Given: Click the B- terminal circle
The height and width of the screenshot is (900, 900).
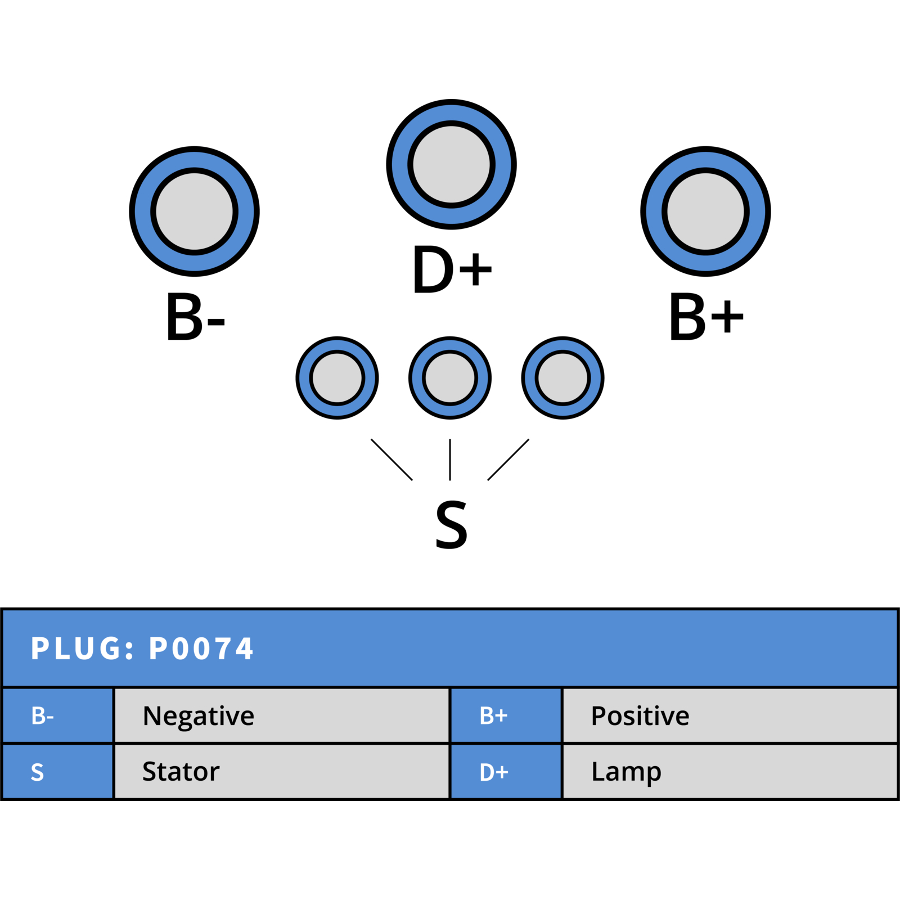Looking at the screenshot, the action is (x=194, y=211).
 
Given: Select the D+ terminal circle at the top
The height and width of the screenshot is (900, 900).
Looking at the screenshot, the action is (x=451, y=164).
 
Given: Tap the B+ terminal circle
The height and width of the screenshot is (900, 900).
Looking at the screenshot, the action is (x=705, y=211).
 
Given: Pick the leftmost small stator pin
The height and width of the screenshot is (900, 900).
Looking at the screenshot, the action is (x=337, y=378).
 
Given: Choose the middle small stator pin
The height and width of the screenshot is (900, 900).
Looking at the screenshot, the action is (x=450, y=378).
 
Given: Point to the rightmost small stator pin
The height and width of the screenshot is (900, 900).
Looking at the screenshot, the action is (x=562, y=378).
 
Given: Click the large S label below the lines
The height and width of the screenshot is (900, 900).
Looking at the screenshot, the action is (x=451, y=524).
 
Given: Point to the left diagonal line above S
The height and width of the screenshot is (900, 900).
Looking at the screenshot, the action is (x=391, y=460).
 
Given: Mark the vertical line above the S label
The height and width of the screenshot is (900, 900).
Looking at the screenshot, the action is (x=450, y=460).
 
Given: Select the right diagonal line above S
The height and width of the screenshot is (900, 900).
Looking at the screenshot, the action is (x=508, y=460).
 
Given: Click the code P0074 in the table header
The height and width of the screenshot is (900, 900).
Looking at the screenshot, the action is (x=201, y=649).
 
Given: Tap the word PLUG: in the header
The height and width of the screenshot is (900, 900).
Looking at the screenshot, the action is (x=83, y=649).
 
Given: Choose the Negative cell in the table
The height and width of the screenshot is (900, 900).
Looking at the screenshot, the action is (x=282, y=715).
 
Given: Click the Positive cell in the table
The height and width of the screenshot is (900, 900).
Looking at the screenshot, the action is (x=730, y=715).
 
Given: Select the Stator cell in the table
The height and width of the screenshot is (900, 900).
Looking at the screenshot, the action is (x=282, y=771).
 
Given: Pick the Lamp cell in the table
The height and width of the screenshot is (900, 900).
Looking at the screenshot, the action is (x=730, y=771).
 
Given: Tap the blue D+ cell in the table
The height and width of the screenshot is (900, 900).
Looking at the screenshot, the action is (x=506, y=771).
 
